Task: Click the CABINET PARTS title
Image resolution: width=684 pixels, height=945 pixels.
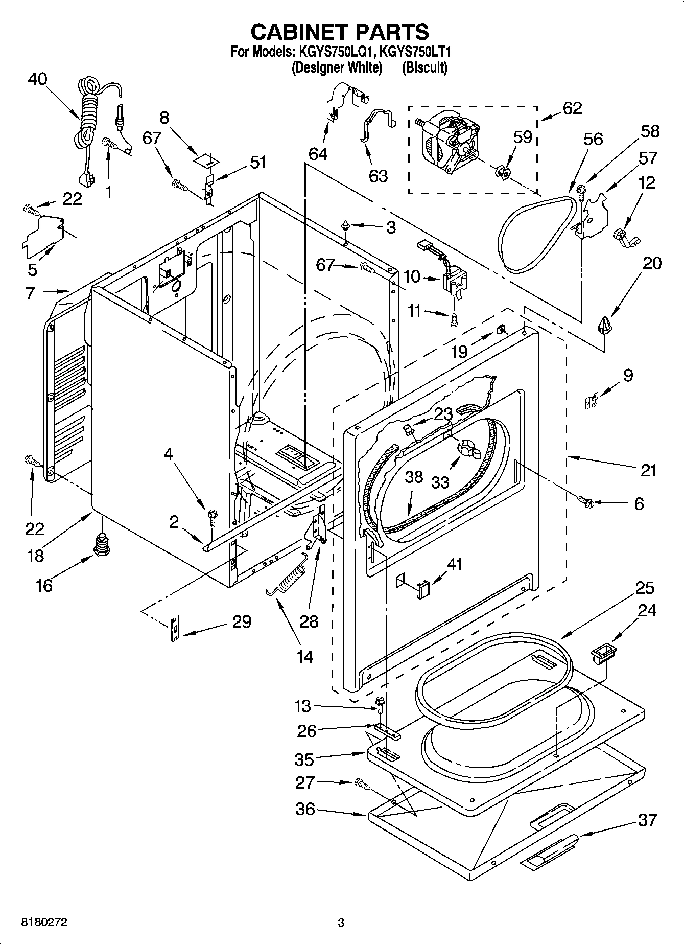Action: [x=340, y=32]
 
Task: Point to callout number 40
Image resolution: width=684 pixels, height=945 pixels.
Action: [x=37, y=79]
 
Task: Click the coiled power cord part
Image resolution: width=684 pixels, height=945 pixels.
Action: [x=88, y=118]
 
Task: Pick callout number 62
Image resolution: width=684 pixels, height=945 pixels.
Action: [x=572, y=108]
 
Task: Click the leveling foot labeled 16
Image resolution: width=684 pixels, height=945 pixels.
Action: [x=102, y=545]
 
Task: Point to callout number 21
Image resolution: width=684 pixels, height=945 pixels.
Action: [x=648, y=470]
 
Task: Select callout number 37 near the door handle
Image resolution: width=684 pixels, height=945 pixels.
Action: [x=647, y=820]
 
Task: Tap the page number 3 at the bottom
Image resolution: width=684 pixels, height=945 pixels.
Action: [x=341, y=923]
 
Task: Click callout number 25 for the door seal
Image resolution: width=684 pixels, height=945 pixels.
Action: [x=645, y=588]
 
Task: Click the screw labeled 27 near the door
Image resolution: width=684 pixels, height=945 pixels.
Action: [x=362, y=782]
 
